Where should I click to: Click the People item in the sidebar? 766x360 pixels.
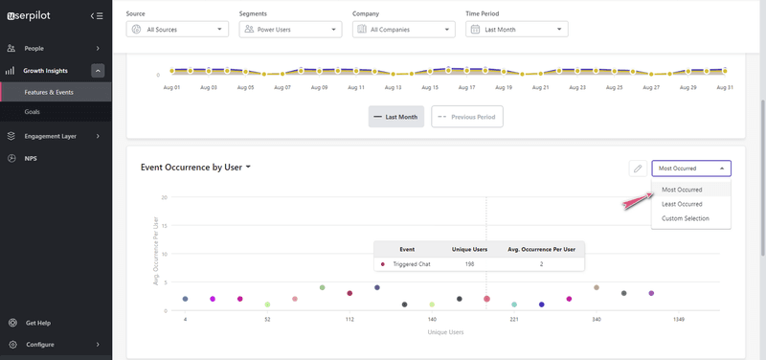34,48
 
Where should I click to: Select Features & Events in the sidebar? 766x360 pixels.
50,92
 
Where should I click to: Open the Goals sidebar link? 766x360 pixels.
33,112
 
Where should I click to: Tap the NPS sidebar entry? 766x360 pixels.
32,157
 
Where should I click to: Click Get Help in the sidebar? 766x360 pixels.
38,323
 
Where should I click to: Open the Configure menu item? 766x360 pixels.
40,345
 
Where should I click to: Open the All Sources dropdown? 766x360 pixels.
177,30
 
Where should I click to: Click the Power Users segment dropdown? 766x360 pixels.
290,30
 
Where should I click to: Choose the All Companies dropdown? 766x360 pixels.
403,30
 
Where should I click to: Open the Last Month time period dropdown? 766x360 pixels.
517,30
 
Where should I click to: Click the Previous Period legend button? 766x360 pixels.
467,117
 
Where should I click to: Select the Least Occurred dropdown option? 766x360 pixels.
682,204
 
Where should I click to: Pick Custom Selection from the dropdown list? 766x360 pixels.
686,218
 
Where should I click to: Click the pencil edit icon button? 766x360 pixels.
637,169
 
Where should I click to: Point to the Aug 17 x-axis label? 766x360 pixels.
466,87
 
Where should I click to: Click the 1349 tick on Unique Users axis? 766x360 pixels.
678,319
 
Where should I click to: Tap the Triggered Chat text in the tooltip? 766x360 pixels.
413,263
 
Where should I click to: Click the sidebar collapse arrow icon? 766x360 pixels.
96,15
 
